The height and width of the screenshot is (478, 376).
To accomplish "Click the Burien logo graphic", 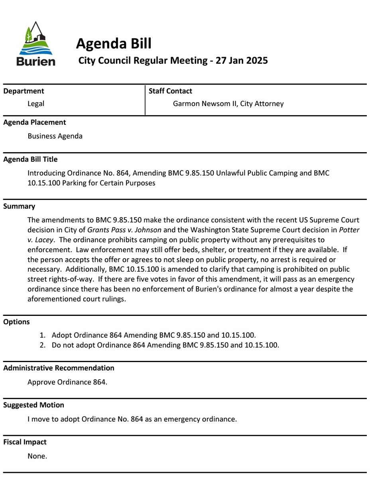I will click(x=35, y=44).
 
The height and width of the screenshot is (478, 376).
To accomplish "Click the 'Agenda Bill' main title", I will click(x=113, y=43).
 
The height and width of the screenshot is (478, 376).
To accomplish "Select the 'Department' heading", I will click(x=24, y=91).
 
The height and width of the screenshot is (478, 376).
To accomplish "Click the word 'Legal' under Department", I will click(x=36, y=104).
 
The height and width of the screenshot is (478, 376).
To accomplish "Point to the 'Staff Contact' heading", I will click(x=170, y=91).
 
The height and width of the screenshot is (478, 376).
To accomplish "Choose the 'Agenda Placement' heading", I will click(x=35, y=122).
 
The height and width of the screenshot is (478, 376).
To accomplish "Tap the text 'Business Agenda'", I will click(x=55, y=136).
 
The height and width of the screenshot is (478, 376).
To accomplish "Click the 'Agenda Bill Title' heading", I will click(x=30, y=159).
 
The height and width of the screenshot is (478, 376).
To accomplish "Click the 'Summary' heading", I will click(x=19, y=206).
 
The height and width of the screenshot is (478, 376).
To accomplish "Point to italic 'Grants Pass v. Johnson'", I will click(x=124, y=230).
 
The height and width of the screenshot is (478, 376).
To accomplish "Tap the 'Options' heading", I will click(x=16, y=322).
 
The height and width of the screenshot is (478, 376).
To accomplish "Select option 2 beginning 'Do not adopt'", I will click(x=165, y=345).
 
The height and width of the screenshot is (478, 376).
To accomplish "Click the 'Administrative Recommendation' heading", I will click(x=59, y=368).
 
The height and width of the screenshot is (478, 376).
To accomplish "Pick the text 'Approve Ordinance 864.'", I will click(x=67, y=382).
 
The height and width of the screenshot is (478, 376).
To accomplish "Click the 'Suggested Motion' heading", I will click(x=33, y=405).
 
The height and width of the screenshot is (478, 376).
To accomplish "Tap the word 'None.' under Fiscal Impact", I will click(x=37, y=456).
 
